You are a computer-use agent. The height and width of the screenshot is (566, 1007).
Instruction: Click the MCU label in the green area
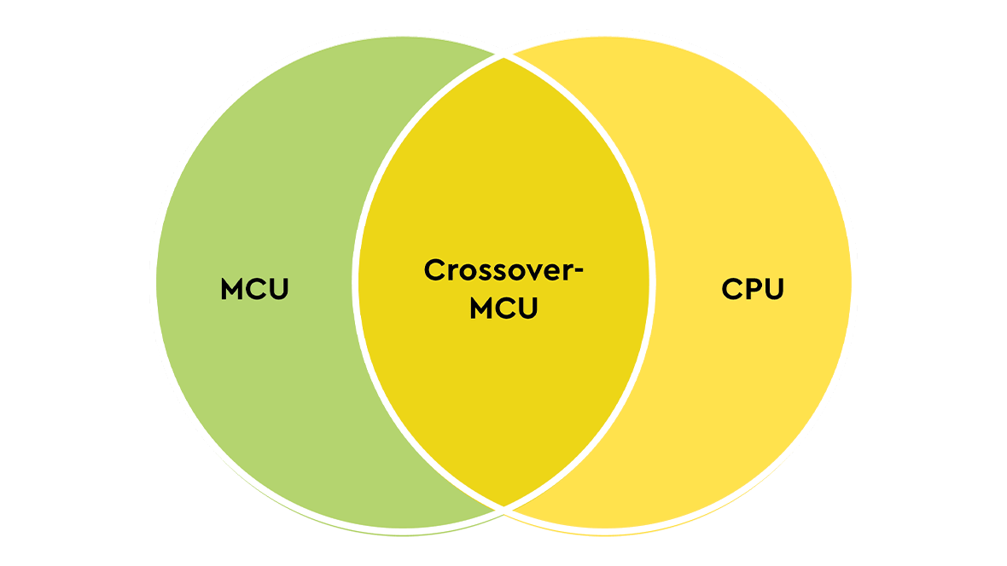(x=254, y=289)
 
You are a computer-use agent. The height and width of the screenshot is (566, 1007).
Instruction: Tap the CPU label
(x=752, y=289)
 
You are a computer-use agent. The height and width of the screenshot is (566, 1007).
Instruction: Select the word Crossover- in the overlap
(x=503, y=270)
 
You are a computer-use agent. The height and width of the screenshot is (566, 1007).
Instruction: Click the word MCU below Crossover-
(x=503, y=308)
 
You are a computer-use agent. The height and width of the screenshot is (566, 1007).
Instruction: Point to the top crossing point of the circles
(x=504, y=58)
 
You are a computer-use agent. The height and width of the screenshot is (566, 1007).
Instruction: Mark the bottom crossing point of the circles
(x=504, y=508)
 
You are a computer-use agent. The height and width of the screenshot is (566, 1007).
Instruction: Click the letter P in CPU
(x=752, y=289)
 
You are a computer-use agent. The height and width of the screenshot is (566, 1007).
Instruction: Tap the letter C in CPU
(x=731, y=289)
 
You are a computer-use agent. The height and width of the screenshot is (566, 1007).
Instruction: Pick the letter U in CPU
(x=773, y=289)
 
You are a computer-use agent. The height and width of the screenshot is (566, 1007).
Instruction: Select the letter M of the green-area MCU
(x=232, y=289)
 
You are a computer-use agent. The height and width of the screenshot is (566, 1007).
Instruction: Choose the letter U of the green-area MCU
(x=278, y=289)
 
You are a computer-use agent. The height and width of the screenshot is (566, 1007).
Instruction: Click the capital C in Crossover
(x=434, y=270)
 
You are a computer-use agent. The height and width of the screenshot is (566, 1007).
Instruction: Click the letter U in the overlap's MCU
(x=527, y=308)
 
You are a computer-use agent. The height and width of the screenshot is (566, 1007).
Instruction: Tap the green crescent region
(x=256, y=384)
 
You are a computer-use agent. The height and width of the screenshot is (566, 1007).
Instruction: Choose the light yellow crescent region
(x=751, y=384)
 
